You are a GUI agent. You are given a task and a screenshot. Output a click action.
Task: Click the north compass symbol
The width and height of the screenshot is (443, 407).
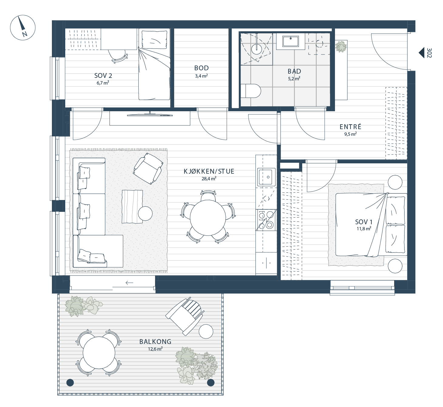point(23,28)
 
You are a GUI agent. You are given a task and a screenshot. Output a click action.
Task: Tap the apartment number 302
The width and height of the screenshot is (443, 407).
point(429,53)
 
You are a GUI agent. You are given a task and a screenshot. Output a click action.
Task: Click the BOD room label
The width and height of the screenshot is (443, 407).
point(201,68)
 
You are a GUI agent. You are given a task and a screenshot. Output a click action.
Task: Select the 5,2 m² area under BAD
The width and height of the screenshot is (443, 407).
point(294,78)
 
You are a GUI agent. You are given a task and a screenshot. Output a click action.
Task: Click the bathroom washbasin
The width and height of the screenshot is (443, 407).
point(291,42)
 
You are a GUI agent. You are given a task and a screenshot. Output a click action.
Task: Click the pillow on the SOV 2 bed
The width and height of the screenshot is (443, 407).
point(154,39)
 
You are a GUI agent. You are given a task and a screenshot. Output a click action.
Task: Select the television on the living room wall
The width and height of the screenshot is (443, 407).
point(150,115)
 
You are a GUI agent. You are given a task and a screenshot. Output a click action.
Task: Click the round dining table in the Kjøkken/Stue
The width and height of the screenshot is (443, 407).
point(208,218)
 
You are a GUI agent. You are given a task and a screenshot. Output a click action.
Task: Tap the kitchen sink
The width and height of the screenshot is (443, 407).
point(266,177)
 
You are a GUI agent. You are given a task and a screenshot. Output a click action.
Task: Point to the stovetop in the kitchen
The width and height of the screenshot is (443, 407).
point(266,220)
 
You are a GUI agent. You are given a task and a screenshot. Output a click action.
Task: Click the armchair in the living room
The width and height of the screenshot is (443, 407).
point(148,168)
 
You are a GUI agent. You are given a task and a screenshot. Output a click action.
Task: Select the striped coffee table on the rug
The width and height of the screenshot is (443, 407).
point(132,207)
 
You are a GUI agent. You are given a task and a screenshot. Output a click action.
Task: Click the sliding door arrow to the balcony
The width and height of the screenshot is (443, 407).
point(130,282)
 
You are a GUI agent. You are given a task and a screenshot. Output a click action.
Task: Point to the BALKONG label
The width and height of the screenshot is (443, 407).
point(155,342)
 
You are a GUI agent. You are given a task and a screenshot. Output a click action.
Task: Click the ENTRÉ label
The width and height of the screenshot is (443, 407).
point(350,127)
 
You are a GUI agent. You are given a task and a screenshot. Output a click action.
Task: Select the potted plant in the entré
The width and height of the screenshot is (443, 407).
point(341,47)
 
